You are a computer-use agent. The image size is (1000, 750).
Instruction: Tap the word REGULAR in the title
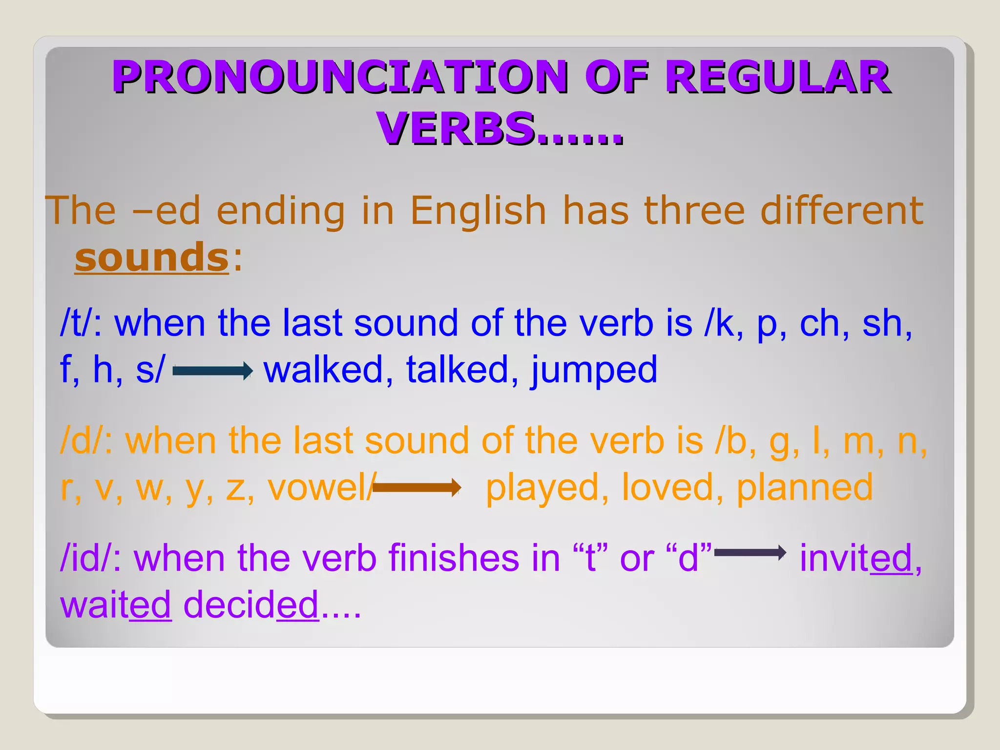[x=777, y=77]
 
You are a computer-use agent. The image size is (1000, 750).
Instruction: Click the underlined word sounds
[x=151, y=257]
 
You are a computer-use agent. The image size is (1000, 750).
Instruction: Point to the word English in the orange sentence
[x=478, y=211]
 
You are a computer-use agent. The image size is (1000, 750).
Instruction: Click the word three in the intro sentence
[x=694, y=211]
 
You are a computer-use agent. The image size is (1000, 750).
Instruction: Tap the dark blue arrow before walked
[x=212, y=371]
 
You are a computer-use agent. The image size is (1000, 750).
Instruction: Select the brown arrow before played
[x=417, y=487]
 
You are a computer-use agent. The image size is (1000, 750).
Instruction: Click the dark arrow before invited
[x=750, y=553]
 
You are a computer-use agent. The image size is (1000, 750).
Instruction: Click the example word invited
[x=855, y=558]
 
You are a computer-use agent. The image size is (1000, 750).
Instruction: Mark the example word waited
[x=116, y=604]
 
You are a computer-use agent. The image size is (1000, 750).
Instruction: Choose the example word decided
[x=250, y=604]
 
